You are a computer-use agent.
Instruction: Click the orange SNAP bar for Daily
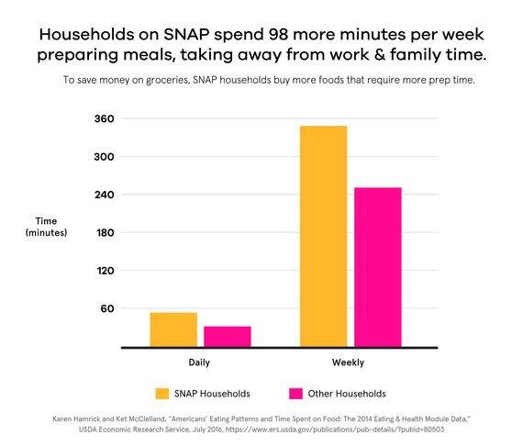point(173,329)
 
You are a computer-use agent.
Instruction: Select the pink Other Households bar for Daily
point(227,337)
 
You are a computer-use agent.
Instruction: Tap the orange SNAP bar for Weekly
point(324,236)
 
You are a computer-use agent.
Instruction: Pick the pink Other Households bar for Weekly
point(377,267)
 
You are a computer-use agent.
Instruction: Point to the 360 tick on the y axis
point(104,119)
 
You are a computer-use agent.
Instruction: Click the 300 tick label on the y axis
point(104,157)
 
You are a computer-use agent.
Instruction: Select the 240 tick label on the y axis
point(104,195)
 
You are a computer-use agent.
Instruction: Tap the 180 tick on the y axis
point(104,233)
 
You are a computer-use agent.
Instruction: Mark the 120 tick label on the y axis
point(104,271)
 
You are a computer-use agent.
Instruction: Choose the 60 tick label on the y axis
point(107,309)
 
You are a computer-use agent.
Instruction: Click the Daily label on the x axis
point(200,362)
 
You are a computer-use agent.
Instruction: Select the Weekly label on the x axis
point(350,362)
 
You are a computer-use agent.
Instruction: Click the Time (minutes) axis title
point(46,227)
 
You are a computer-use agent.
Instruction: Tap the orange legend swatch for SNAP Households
point(162,394)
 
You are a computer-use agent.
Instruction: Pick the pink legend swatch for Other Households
point(296,394)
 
